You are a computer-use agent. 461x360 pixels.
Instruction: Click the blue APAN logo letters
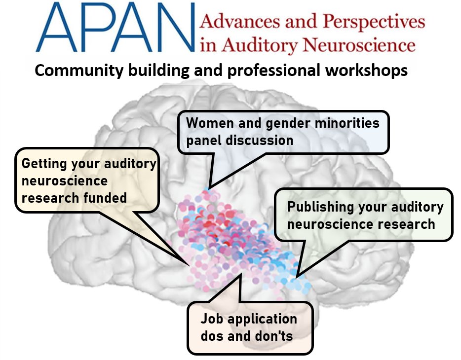(115, 27)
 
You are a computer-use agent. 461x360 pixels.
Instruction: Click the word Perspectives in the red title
(374, 22)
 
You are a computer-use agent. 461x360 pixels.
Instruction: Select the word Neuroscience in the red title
(359, 45)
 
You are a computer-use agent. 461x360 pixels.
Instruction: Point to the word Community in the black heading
(79, 71)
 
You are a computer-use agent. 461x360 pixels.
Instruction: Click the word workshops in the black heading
(366, 71)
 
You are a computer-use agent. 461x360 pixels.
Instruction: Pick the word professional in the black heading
(273, 71)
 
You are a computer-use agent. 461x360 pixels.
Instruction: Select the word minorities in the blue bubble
(347, 123)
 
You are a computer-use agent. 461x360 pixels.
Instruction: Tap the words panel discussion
(240, 140)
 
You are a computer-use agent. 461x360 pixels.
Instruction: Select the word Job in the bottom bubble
(211, 319)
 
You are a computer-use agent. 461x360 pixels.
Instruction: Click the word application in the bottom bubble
(261, 320)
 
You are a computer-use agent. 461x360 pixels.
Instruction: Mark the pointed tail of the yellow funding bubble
(190, 264)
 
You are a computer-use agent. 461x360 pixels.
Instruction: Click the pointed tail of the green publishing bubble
(296, 277)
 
